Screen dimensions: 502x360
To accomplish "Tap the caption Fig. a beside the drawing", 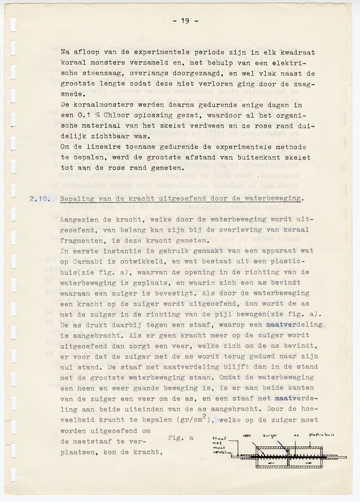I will [181, 438].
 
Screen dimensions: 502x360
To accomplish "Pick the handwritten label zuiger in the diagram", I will [269, 435].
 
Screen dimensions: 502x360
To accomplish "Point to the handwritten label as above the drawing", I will [296, 435].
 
